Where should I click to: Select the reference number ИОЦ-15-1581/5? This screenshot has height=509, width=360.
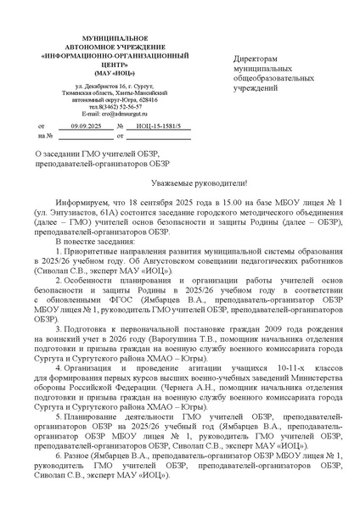pos(162,125)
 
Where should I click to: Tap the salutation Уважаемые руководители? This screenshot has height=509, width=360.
pos(179,183)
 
